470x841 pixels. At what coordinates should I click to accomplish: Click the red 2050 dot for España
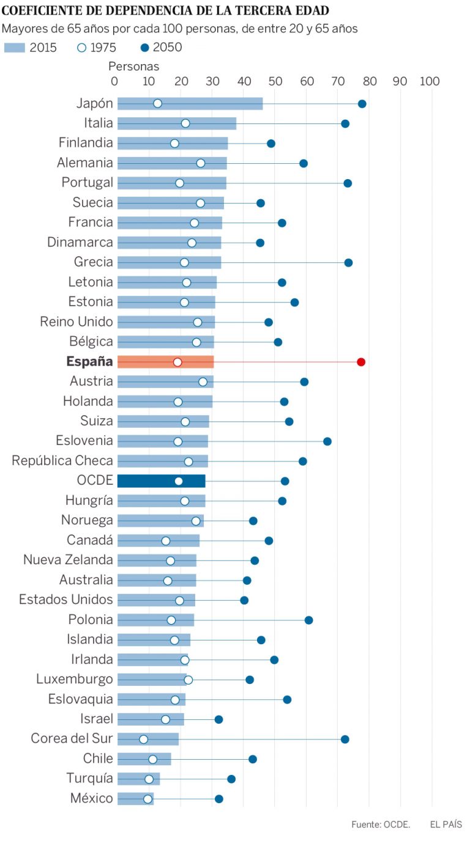pos(361,362)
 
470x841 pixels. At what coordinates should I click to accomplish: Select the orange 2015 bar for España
pos(165,362)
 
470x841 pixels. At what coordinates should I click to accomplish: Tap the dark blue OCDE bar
pos(161,481)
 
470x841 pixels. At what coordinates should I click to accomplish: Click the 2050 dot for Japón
pos(362,103)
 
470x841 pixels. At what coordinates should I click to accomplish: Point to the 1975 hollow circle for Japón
pos(157,103)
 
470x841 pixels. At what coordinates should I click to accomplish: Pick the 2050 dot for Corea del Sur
pos(345,739)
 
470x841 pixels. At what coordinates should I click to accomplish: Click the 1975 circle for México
pos(147,799)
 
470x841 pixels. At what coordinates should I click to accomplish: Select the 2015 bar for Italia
pos(176,123)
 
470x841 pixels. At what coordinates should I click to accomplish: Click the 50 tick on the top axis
pos(275,81)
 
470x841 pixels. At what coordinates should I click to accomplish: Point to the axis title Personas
pos(133,66)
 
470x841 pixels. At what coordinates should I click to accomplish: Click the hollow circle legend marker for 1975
pos(82,48)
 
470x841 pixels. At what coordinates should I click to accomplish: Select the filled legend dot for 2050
pos(144,48)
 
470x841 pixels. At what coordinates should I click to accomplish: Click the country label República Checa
pos(62,461)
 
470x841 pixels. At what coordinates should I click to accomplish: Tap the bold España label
pos(89,362)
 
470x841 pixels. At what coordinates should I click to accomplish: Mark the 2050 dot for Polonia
pos(308,620)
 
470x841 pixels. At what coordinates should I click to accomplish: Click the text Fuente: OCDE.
pos(381,824)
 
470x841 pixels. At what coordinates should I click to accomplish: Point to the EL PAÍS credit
pos(446,824)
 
